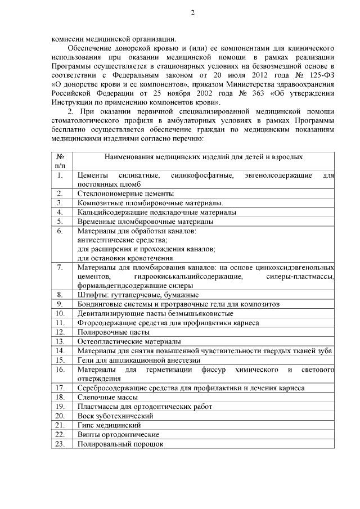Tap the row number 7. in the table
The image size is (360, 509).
click(x=60, y=267)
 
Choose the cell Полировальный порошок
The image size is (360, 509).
click(x=120, y=444)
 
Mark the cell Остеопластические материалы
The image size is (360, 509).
click(x=129, y=341)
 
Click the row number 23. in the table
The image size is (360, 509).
click(x=60, y=444)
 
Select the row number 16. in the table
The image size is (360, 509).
click(x=60, y=370)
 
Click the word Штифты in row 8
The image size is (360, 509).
click(x=91, y=295)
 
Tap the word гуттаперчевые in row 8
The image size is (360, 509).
click(x=133, y=295)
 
